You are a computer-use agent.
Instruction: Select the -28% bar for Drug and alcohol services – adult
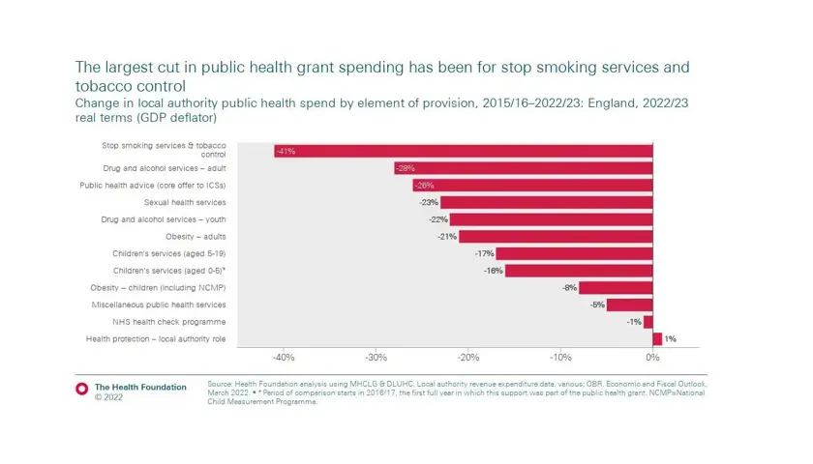523,168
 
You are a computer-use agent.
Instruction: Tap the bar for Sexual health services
546,203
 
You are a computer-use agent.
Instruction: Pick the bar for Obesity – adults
556,237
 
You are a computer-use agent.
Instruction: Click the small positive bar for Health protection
657,339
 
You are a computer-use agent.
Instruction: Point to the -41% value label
286,152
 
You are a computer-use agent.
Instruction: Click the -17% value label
484,254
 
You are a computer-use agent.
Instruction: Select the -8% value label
569,288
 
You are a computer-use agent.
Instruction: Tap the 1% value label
670,339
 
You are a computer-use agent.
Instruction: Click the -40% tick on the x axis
284,358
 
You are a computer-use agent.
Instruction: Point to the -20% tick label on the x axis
468,358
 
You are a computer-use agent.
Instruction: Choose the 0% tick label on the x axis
653,358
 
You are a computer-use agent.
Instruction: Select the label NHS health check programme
169,322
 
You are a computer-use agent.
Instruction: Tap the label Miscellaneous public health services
159,304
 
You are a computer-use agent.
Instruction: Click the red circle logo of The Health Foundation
82,389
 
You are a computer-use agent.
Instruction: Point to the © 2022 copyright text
109,397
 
